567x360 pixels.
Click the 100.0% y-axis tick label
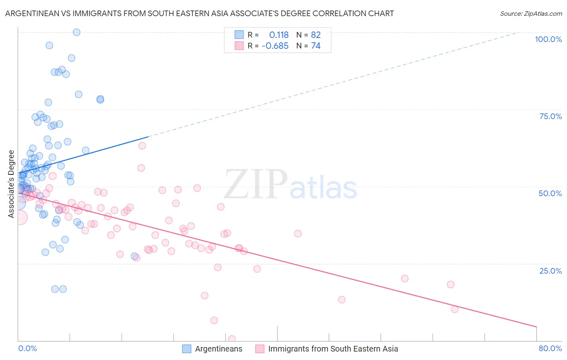click(x=548, y=39)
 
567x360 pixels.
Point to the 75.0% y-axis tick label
click(x=550, y=116)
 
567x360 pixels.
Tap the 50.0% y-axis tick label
click(x=550, y=193)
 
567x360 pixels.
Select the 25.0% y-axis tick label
click(x=550, y=270)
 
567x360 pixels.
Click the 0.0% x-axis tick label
click(x=27, y=348)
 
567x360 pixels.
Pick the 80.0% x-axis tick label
click(x=550, y=348)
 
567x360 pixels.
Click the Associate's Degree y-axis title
click(x=11, y=184)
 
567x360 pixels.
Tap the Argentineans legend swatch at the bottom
click(x=187, y=349)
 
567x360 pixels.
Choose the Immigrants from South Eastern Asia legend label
click(x=333, y=349)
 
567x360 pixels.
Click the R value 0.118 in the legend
click(x=279, y=35)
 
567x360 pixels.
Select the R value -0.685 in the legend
click(x=275, y=46)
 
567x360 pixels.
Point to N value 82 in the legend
click(x=316, y=35)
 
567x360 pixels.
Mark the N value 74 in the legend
click(x=316, y=46)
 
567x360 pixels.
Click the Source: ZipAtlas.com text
click(x=531, y=14)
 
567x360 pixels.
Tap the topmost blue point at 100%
click(x=76, y=32)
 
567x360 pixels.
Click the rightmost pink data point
click(x=454, y=309)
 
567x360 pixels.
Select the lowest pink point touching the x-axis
click(x=231, y=339)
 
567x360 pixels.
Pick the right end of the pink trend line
click(x=536, y=327)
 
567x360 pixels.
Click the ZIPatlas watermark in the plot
click(x=290, y=185)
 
